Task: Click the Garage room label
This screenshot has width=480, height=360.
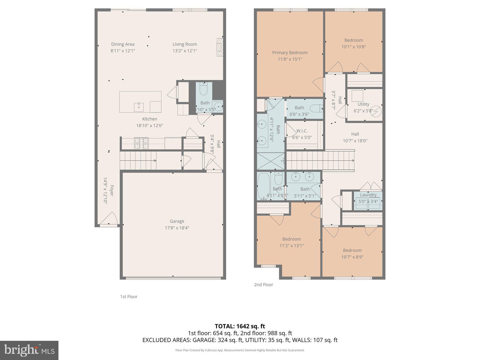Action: [x=177, y=221]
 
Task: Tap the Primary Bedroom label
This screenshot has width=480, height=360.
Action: [x=290, y=53]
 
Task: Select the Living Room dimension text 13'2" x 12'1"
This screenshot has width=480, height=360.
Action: [x=185, y=51]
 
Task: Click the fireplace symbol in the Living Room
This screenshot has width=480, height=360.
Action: [x=220, y=48]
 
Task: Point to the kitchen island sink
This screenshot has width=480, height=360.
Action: [x=139, y=107]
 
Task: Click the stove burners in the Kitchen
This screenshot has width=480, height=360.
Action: [x=141, y=143]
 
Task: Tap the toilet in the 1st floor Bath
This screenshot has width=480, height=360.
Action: [x=204, y=89]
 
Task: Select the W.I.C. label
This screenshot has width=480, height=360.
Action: [x=302, y=131]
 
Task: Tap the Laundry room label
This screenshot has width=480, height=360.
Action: [x=368, y=195]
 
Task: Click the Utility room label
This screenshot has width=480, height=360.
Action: [x=363, y=104]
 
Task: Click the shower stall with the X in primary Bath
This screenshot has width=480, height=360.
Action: [x=270, y=161]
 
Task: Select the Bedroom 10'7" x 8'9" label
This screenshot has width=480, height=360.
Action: [x=352, y=250]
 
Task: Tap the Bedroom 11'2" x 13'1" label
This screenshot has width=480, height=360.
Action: [x=291, y=239]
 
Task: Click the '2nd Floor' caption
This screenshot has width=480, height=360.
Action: [x=263, y=285]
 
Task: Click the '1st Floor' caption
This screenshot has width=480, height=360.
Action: [x=129, y=297]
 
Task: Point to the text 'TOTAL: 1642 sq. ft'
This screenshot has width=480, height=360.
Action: [x=240, y=326]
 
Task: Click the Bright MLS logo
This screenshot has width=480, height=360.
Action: [x=29, y=350]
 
